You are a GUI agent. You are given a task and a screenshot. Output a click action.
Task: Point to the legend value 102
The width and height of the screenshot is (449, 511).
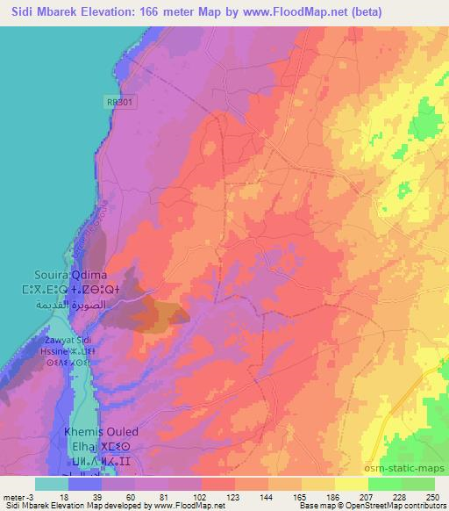pos(201,496)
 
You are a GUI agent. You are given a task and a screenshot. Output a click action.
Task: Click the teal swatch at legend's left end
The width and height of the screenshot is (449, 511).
pos(53,484)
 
